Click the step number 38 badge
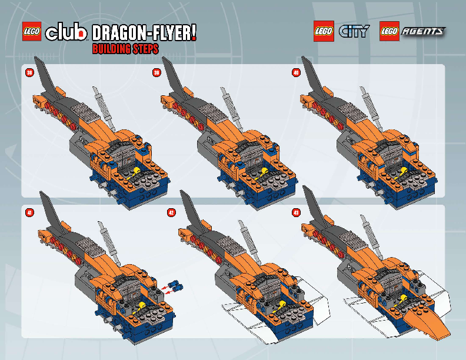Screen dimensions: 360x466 click(29, 73)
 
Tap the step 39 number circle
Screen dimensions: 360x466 click(157, 73)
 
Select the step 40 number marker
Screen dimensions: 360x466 click(296, 73)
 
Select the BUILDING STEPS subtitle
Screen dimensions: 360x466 click(125, 49)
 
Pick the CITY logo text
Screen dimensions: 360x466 click(354, 31)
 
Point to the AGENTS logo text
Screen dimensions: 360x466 click(422, 31)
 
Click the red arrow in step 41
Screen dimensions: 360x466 click(169, 289)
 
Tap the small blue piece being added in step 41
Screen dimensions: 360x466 click(179, 286)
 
